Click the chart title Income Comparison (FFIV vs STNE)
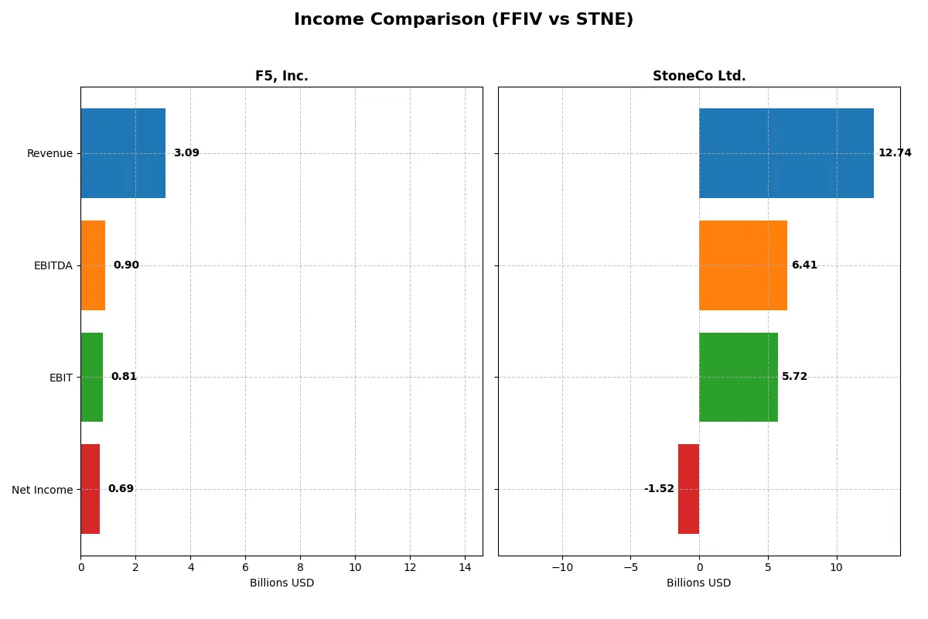463,20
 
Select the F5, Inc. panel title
281,76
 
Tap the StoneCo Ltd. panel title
699,76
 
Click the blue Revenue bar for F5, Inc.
123,153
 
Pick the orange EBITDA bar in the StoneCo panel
743,265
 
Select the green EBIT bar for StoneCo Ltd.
739,377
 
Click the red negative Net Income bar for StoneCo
688,489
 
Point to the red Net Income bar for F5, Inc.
90,489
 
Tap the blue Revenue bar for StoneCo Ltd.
786,153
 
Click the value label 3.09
186,153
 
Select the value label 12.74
895,153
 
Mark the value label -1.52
659,489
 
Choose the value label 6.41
804,265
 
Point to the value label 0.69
121,489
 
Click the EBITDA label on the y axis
53,265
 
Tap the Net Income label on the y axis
42,490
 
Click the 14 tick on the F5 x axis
465,567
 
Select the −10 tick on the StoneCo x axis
562,567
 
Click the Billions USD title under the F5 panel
281,583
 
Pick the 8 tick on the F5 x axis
300,567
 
